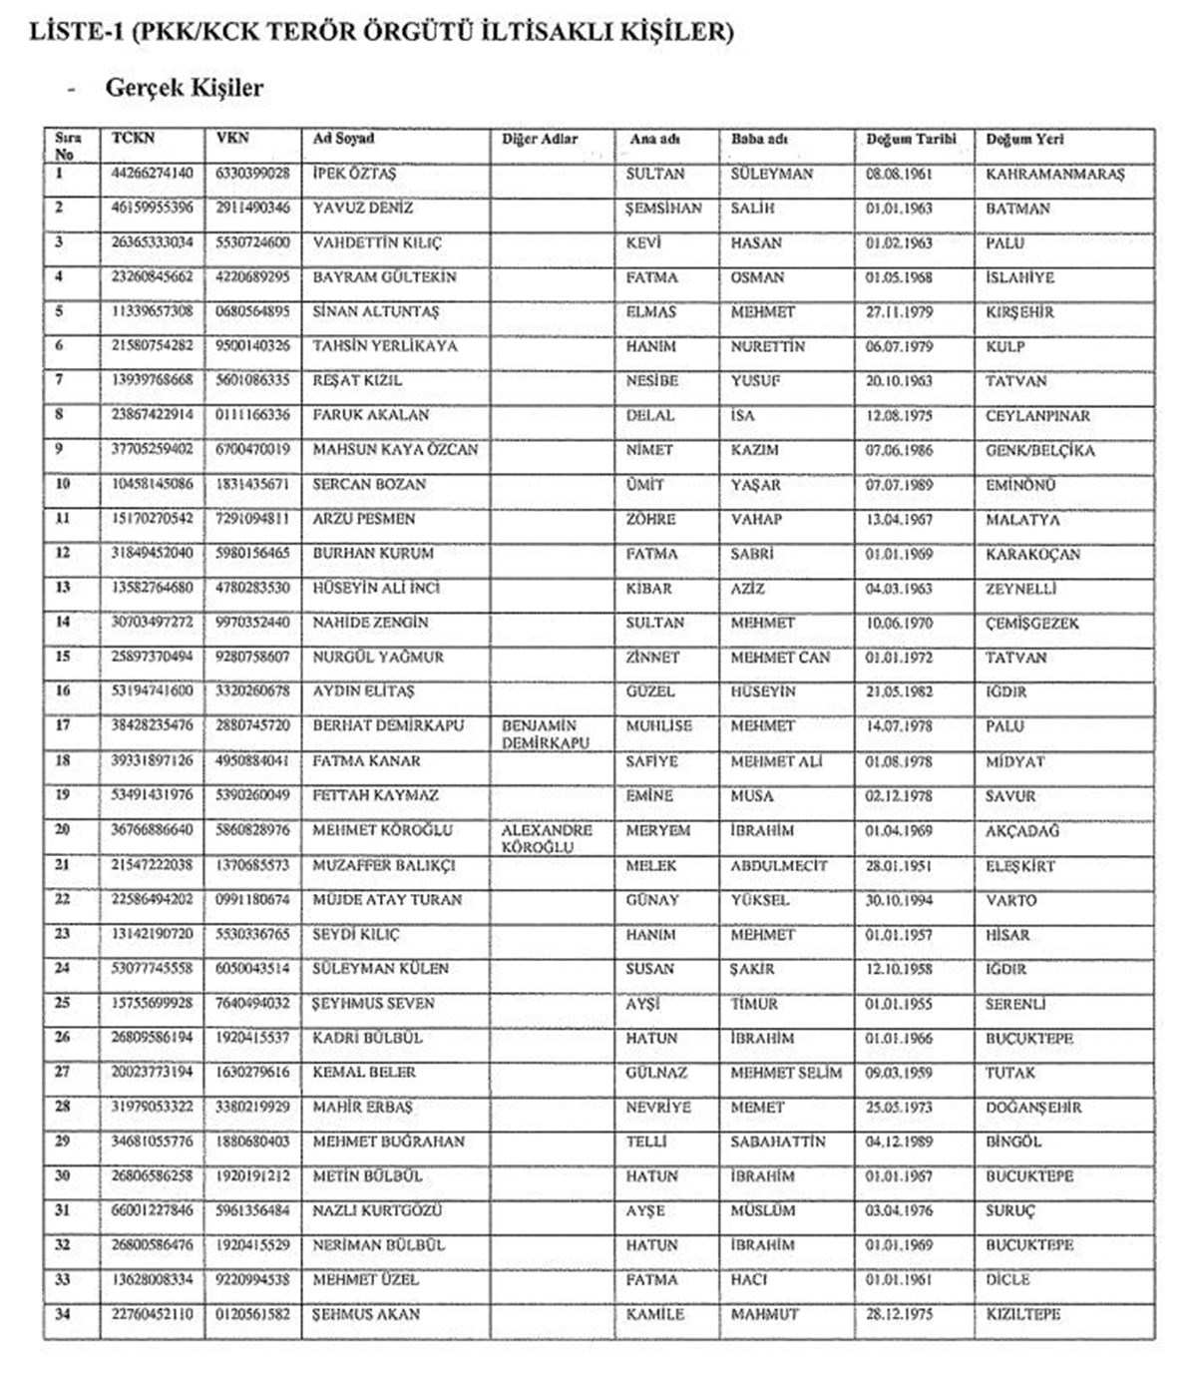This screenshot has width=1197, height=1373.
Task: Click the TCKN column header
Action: pyautogui.click(x=133, y=139)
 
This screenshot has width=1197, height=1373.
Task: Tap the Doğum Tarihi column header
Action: pyautogui.click(x=911, y=140)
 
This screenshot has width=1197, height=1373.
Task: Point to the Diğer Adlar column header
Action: pyautogui.click(x=539, y=140)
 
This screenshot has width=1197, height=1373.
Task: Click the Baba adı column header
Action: pyautogui.click(x=759, y=140)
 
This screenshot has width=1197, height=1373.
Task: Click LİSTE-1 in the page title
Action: pyautogui.click(x=77, y=33)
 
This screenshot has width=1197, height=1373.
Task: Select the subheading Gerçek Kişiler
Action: pyautogui.click(x=184, y=88)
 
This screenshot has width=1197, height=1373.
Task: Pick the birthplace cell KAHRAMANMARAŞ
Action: pyautogui.click(x=1054, y=175)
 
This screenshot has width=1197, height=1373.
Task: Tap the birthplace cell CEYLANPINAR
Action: pyautogui.click(x=1037, y=416)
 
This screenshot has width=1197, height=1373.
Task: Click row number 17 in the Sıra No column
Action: pyautogui.click(x=63, y=726)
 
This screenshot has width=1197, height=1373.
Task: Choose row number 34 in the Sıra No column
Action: pyautogui.click(x=63, y=1314)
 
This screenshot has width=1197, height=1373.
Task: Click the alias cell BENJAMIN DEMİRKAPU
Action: pyautogui.click(x=546, y=734)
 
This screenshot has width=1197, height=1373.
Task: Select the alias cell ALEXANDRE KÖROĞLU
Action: pyautogui.click(x=546, y=838)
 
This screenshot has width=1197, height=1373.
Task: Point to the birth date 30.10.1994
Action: pyautogui.click(x=899, y=900)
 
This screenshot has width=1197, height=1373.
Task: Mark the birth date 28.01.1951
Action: pyautogui.click(x=899, y=866)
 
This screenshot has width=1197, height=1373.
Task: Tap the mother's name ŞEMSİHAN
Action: pyautogui.click(x=663, y=209)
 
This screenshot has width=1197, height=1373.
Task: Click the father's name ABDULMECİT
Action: pyautogui.click(x=778, y=866)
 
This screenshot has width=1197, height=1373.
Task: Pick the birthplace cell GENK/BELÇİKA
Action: pyautogui.click(x=1039, y=451)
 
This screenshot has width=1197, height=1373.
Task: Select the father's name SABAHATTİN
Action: pyautogui.click(x=777, y=1142)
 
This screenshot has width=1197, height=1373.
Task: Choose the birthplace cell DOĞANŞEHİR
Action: pyautogui.click(x=1033, y=1108)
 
